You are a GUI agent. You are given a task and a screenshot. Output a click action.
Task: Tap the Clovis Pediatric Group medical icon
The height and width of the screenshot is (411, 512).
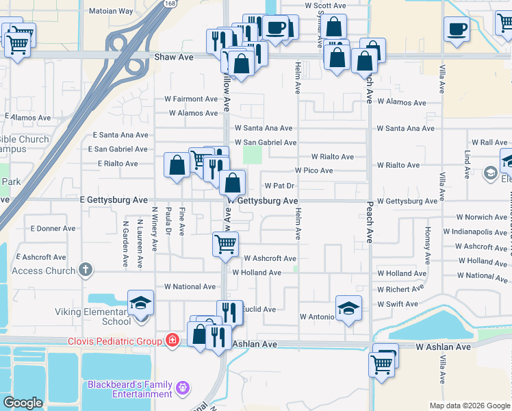(173, 341)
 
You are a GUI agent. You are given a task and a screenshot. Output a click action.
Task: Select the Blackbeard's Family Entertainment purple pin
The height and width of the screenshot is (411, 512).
(182, 388)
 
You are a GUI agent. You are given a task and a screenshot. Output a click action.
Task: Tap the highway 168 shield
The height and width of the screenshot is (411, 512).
(168, 3)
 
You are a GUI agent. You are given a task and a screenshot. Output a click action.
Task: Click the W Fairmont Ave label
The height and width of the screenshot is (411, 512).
(191, 99)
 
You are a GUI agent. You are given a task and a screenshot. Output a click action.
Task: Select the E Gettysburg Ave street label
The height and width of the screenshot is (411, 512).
(114, 200)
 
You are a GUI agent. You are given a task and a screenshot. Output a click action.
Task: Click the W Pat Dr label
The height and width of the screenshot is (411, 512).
(279, 186)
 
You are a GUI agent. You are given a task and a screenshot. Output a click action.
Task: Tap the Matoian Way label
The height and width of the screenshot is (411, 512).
(112, 12)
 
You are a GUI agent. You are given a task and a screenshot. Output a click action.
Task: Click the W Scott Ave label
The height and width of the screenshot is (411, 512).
(326, 5)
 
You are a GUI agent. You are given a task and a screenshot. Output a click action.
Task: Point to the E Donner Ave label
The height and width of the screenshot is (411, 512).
(53, 228)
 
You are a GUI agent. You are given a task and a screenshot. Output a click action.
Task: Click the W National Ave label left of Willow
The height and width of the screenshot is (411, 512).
(190, 286)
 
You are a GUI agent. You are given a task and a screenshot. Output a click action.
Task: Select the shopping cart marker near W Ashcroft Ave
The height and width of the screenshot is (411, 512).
(225, 244)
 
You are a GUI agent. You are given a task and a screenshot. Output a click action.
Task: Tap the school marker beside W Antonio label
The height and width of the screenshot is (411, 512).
(348, 308)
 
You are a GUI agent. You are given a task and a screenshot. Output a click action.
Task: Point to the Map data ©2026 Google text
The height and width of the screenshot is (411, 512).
(469, 406)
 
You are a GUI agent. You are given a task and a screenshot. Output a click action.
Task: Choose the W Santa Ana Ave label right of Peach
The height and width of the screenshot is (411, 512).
(410, 128)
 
